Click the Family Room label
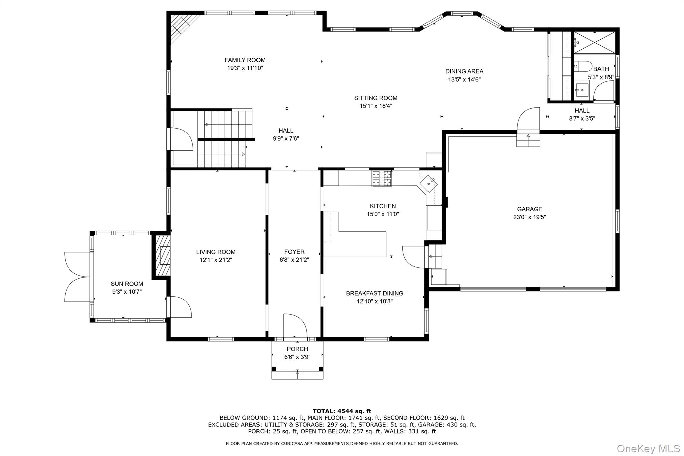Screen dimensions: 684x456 point(245,60)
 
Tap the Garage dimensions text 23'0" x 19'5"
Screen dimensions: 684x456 point(530,217)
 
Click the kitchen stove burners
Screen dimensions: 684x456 point(382,178)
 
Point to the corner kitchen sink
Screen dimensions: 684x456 point(429,184)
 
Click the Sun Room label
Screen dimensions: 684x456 point(127,284)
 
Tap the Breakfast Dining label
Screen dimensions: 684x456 point(375,293)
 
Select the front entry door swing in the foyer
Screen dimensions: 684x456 point(295,325)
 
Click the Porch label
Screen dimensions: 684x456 point(297,349)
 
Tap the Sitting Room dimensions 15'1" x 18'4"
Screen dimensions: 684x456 point(376,106)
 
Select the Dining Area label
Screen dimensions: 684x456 point(464,71)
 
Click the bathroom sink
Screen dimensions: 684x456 point(582,90)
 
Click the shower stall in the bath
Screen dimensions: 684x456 point(594,42)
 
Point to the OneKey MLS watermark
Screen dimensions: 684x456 point(648,448)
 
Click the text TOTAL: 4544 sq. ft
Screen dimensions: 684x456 point(342,411)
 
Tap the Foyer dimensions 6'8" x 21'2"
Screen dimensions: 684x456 point(294,260)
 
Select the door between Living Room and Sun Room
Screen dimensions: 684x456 point(179,307)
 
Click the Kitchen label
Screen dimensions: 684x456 point(383,206)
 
